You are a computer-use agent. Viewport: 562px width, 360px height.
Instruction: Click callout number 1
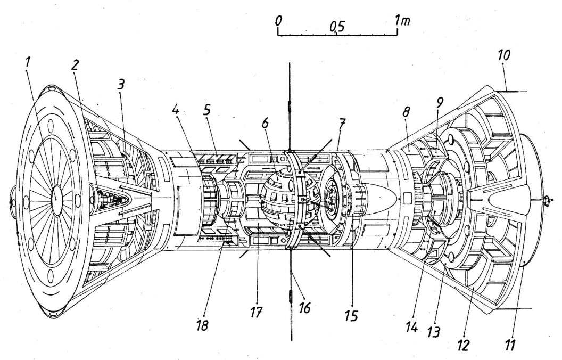pos(27,63)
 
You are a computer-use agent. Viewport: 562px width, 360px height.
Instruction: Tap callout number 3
pos(121,84)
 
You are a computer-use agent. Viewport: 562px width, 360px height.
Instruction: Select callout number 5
pos(207,110)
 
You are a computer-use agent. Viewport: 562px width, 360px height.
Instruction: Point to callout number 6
pos(265,123)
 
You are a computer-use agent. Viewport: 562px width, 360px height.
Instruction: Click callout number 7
pos(341,124)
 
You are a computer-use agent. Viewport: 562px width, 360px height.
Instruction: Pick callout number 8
pos(406,112)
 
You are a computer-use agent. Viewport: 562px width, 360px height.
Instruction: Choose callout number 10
pos(503,55)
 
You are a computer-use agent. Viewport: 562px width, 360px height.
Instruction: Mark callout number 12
pos(463,345)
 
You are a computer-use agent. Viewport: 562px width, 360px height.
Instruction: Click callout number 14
pos(412,327)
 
